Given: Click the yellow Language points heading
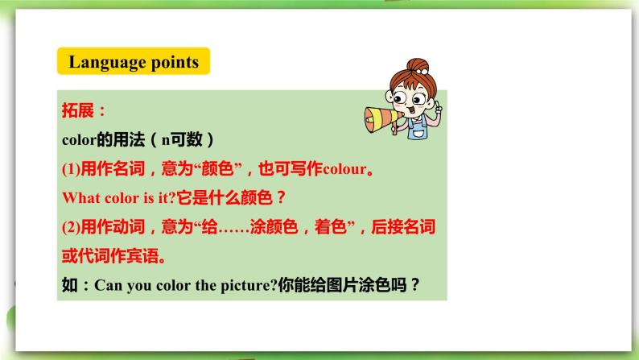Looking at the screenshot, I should [x=133, y=62].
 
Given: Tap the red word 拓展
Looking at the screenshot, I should [x=80, y=110].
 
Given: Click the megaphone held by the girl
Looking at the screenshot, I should [x=379, y=117].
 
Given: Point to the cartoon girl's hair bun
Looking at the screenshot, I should [x=415, y=64].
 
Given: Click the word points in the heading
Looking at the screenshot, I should [x=172, y=62].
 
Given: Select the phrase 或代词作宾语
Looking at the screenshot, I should [x=105, y=255].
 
